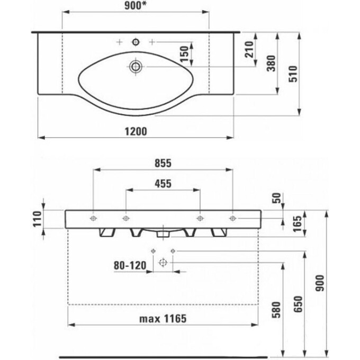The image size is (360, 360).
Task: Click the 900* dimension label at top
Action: tap(136, 6)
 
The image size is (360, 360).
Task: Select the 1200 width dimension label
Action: tap(136, 131)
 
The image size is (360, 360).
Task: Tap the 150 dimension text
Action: tap(184, 54)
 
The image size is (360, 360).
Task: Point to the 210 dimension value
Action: tap(249, 49)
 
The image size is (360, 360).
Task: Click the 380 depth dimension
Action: tap(271, 64)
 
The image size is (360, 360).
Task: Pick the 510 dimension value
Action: tap(293, 74)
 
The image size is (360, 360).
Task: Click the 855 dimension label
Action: tap(163, 163)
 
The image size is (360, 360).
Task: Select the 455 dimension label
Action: tap(163, 184)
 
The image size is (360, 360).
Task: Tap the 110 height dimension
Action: tap(37, 219)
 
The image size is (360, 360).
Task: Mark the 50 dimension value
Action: tap(277, 198)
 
